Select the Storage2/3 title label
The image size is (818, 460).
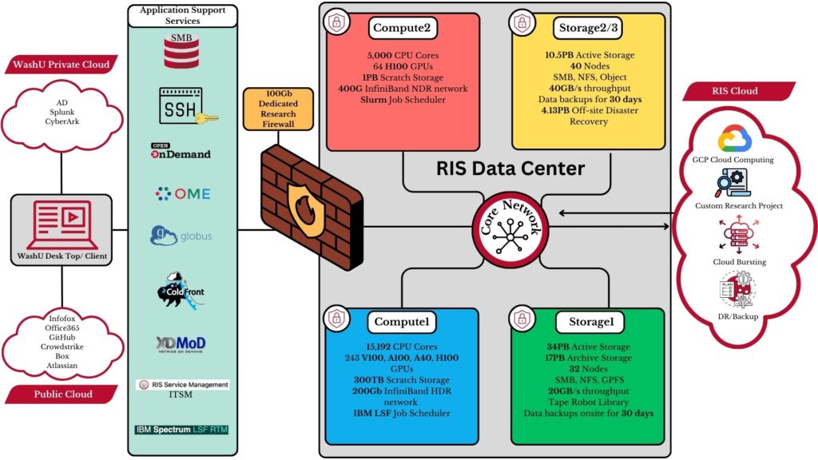click(x=589, y=30)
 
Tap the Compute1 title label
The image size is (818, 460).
click(x=403, y=322)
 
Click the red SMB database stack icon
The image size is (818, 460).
click(x=182, y=54)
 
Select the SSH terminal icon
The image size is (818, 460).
click(x=181, y=106)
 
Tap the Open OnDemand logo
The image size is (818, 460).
click(x=181, y=151)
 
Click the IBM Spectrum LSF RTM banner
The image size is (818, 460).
click(x=181, y=430)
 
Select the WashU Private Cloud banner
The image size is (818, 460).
click(x=62, y=63)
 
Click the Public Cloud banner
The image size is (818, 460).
click(x=62, y=394)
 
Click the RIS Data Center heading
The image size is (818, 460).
click(x=510, y=169)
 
